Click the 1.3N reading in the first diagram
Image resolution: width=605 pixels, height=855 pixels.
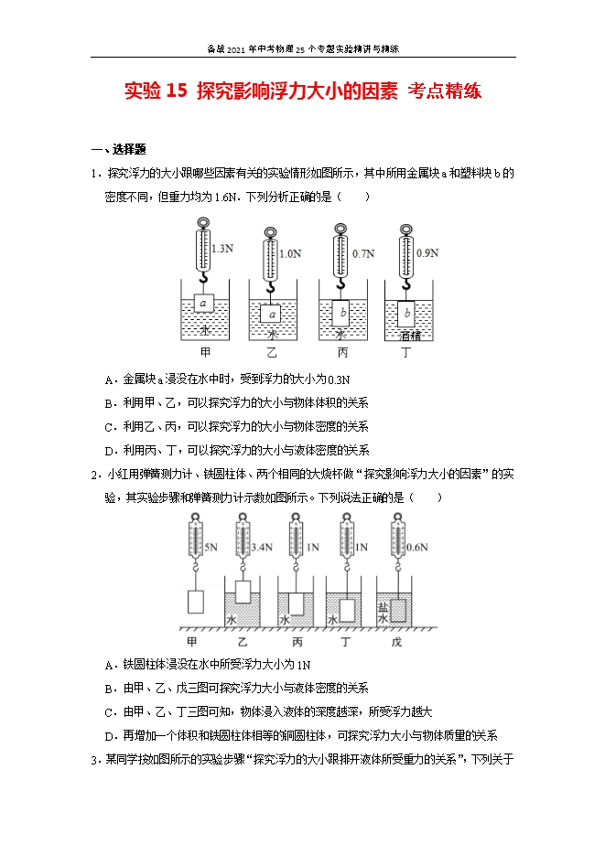point(222,248)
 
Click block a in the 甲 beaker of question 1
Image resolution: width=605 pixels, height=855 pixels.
point(205,302)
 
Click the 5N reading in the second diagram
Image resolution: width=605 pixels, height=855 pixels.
point(210,548)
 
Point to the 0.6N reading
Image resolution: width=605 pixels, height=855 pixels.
point(417,548)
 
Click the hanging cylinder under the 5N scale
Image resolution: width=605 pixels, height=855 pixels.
point(195,601)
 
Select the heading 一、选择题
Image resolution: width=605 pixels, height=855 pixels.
point(119,150)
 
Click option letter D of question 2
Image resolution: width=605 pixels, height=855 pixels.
point(109,734)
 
